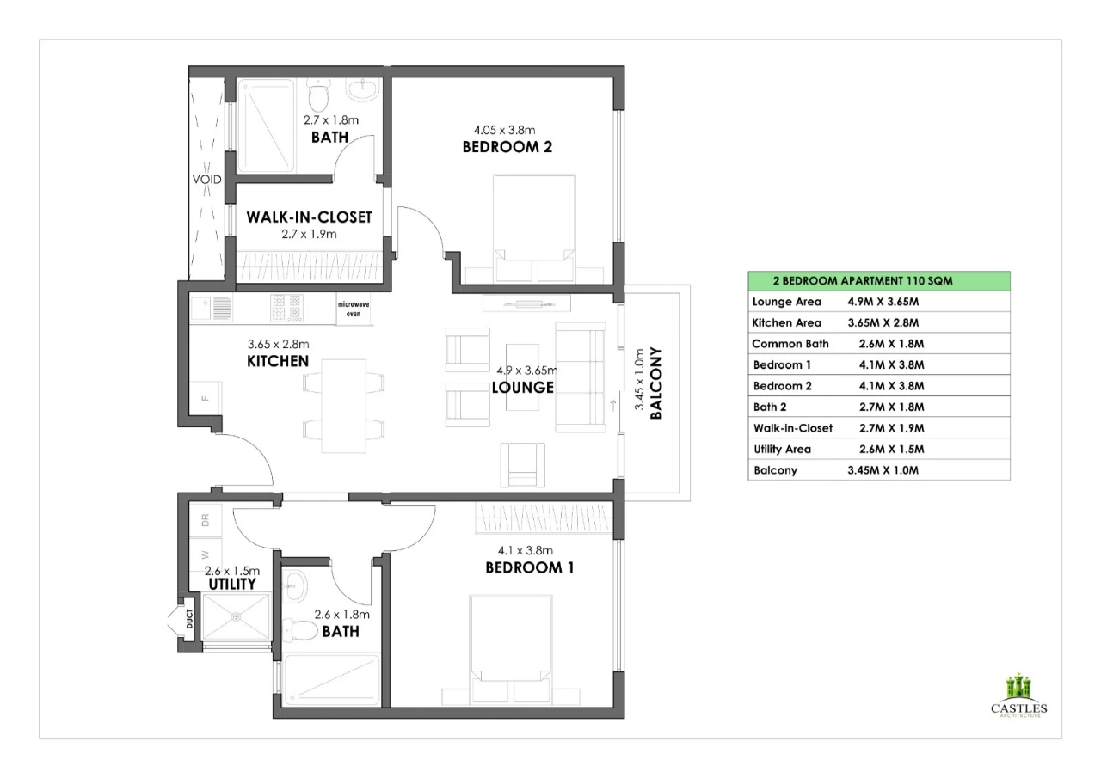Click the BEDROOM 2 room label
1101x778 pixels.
click(507, 147)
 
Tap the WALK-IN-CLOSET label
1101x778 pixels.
click(309, 217)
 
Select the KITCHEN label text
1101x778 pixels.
click(278, 361)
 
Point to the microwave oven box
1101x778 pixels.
click(354, 309)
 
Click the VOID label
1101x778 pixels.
click(207, 180)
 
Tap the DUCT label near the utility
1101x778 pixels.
click(190, 619)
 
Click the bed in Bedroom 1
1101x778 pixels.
click(511, 648)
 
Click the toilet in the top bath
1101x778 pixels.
click(318, 95)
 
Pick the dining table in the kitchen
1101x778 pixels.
click(343, 406)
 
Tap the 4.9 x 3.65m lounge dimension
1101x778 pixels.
click(527, 370)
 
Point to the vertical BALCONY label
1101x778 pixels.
click(656, 383)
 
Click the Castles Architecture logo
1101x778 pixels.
click(1019, 695)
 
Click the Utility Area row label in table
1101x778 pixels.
click(783, 449)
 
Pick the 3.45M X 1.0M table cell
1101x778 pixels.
click(883, 470)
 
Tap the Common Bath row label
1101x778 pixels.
click(790, 344)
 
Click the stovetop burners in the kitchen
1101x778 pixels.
click(286, 308)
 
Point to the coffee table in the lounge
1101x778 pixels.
click(522, 377)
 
